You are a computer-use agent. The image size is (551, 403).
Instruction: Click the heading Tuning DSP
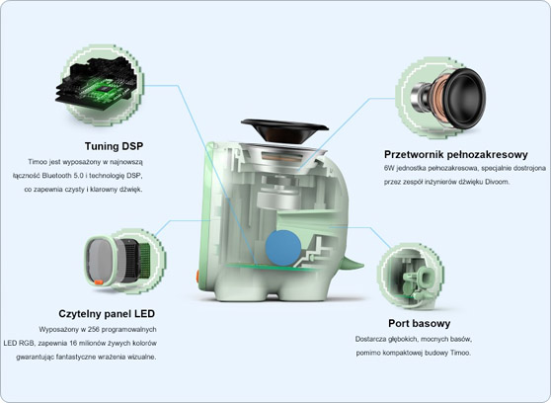click(114, 146)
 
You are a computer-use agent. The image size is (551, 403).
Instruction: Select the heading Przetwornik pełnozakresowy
click(456, 154)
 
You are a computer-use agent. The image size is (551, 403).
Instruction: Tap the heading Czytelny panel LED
click(107, 314)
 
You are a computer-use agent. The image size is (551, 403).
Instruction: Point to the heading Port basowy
click(420, 323)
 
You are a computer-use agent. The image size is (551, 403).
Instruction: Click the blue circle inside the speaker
click(283, 248)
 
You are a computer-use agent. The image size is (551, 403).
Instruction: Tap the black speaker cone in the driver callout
click(466, 98)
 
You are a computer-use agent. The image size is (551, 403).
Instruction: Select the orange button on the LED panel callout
click(99, 282)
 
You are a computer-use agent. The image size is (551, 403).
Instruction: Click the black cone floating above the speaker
click(284, 130)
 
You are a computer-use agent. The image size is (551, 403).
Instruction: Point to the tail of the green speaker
click(354, 263)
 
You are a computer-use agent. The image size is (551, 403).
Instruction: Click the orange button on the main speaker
click(197, 277)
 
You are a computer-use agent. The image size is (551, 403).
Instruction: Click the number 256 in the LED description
click(94, 330)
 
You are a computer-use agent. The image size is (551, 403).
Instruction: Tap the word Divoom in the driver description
click(498, 182)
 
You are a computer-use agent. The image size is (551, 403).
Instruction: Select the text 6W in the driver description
click(389, 168)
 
